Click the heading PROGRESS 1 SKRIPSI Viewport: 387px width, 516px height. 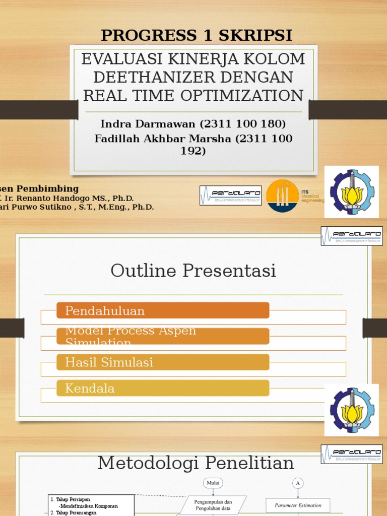(197, 35)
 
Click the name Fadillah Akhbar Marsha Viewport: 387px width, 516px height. (164, 139)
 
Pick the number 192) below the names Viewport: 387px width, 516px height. (193, 151)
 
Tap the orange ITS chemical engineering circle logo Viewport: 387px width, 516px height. (282, 196)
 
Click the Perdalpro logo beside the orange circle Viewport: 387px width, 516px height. (230, 195)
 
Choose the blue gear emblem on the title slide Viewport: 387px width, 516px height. (351, 191)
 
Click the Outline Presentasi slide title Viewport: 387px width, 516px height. (193, 271)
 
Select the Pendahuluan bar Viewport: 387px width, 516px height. (162, 310)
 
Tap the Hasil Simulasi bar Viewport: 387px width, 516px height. (162, 362)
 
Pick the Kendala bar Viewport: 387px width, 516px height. (162, 388)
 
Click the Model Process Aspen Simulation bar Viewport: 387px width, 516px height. (162, 336)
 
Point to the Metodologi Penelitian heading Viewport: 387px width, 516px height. (196, 462)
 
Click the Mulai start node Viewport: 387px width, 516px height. (213, 483)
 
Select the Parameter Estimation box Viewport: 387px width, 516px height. (297, 505)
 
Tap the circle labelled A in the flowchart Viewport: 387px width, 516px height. (298, 483)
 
